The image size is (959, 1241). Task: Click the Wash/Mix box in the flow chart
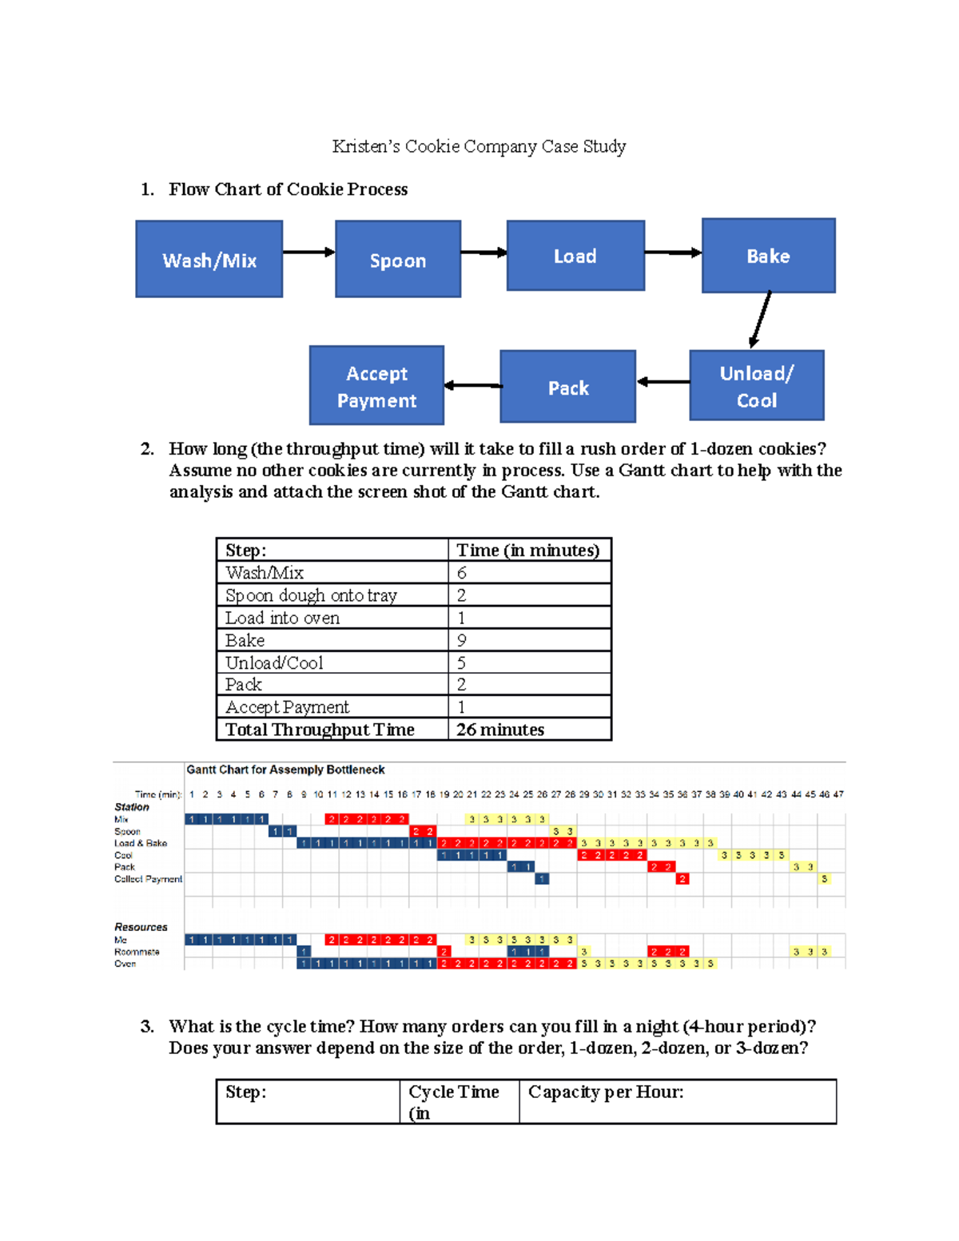(209, 260)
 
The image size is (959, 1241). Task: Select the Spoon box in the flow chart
(398, 260)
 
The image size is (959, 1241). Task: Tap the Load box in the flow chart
(575, 256)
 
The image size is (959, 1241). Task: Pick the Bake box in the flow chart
(768, 256)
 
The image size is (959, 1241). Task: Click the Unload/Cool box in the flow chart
(756, 386)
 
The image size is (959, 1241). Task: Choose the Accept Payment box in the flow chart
(376, 386)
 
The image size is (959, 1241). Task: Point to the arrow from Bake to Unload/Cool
(761, 319)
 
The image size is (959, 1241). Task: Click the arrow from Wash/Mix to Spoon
(308, 253)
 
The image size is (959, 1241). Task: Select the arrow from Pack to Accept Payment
(472, 385)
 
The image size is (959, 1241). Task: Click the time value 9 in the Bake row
(462, 640)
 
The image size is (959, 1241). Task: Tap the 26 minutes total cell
(500, 730)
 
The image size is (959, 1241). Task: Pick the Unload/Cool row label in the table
(274, 662)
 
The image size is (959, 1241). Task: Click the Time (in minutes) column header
(527, 550)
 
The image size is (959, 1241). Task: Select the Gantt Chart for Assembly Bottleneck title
(285, 770)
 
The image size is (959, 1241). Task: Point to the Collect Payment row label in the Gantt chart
(148, 879)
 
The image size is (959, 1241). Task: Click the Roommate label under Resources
(137, 952)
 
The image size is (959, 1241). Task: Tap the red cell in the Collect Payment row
(682, 879)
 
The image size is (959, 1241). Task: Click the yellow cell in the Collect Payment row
(824, 879)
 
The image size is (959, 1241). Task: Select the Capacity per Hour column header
(606, 1092)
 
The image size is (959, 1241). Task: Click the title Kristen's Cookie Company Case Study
(479, 146)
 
